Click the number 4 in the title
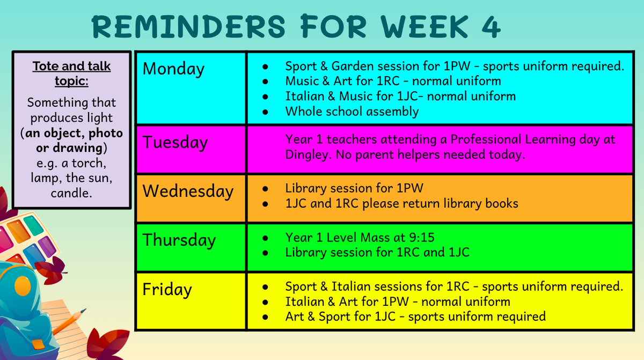coord(491,26)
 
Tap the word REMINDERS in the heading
coord(188,26)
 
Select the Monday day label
coord(173,69)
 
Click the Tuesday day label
coord(175,142)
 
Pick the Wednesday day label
coord(188,191)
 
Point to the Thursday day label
coord(179,240)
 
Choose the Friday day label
coord(167,289)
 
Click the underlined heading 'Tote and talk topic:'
coord(71,74)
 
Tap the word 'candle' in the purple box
coord(71,193)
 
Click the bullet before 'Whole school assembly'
coord(265,112)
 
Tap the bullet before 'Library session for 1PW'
coord(265,189)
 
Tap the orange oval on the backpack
coord(23,285)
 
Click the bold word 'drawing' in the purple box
coord(78,148)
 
